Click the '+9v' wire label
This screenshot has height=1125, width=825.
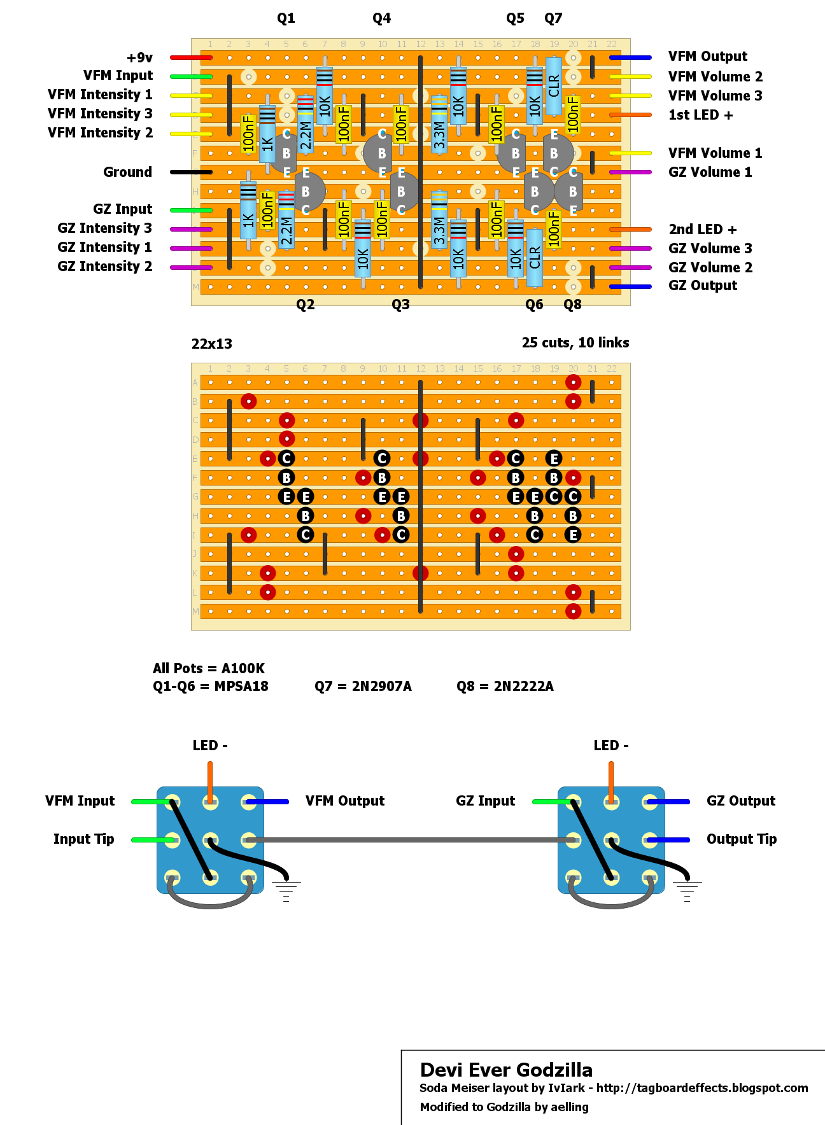click(139, 58)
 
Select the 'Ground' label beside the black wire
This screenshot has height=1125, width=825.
click(127, 172)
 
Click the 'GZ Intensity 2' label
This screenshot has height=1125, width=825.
click(104, 267)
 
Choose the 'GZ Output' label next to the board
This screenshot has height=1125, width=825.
click(702, 286)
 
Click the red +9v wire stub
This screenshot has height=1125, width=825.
click(190, 58)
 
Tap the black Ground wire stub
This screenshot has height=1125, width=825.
click(190, 172)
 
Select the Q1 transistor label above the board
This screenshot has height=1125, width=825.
click(286, 18)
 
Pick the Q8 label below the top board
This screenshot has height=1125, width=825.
click(572, 305)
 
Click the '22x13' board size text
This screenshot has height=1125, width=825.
click(211, 344)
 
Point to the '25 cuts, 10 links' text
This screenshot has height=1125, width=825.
click(575, 343)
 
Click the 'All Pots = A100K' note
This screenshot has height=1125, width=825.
click(208, 669)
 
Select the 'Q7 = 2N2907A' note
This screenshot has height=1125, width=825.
click(363, 687)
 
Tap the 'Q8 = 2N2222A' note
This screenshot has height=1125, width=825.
click(505, 687)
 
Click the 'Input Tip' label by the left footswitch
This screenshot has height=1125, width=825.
click(83, 839)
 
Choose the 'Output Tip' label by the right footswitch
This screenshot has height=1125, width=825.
click(741, 839)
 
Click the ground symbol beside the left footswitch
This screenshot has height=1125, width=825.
click(286, 890)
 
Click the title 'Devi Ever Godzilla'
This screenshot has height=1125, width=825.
click(506, 1070)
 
